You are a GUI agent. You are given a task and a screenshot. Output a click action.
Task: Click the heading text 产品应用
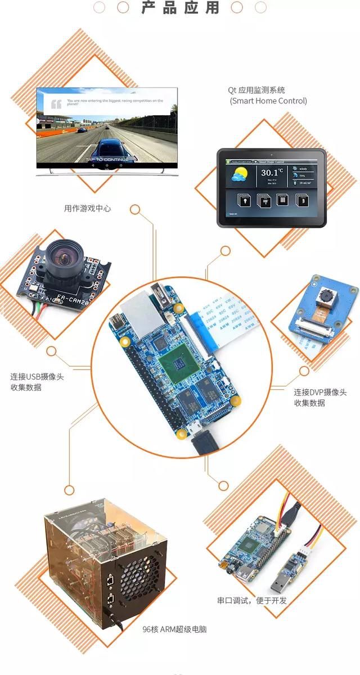pyautogui.click(x=180, y=8)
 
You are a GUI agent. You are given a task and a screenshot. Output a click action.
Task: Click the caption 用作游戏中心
pyautogui.click(x=87, y=208)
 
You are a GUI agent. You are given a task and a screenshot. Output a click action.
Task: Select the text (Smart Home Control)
pyautogui.click(x=268, y=101)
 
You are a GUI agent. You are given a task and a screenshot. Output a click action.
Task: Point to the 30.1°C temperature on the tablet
pyautogui.click(x=272, y=173)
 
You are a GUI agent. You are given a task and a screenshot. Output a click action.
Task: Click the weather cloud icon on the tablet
pyautogui.click(x=238, y=176)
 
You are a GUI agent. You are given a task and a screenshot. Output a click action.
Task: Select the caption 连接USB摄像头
pyautogui.click(x=37, y=376)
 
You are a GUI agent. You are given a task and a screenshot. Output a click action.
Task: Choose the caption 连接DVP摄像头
pyautogui.click(x=320, y=392)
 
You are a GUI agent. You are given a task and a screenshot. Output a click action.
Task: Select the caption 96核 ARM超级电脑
pyautogui.click(x=174, y=629)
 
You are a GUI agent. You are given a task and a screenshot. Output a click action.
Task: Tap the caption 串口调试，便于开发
pyautogui.click(x=252, y=600)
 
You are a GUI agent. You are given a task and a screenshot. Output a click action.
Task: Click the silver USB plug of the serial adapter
pyautogui.click(x=278, y=584)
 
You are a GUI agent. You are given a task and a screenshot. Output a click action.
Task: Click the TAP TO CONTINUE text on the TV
pyautogui.click(x=107, y=160)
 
